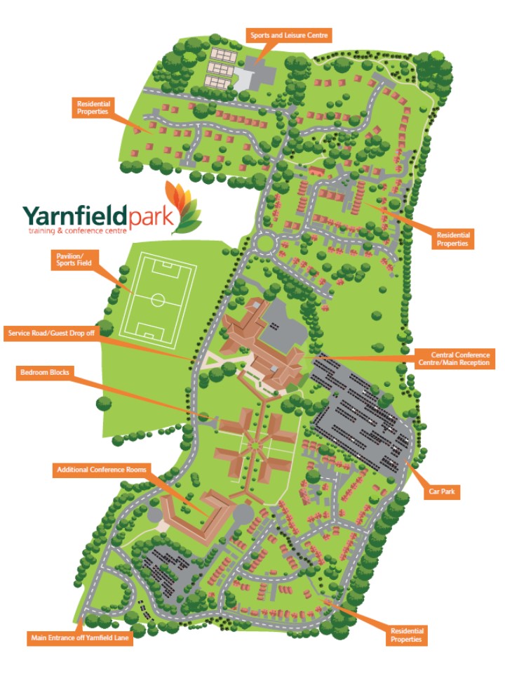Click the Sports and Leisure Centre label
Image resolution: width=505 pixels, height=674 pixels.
tap(289, 34)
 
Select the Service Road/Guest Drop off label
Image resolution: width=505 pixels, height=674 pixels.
tap(49, 332)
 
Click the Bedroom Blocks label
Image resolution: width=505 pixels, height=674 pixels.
tap(44, 373)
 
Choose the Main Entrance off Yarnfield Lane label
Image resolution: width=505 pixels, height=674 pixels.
tap(81, 638)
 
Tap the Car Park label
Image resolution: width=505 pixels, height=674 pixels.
tap(443, 491)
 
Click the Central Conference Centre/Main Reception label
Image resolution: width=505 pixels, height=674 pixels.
tap(454, 359)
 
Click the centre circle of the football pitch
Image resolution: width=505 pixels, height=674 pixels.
tap(159, 300)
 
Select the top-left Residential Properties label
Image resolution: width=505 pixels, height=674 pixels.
tap(93, 107)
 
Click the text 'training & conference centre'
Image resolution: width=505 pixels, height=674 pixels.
tap(76, 231)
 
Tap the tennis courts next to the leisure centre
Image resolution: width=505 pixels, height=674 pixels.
tap(222, 63)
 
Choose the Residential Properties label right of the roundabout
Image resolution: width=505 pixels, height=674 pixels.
tap(454, 238)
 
